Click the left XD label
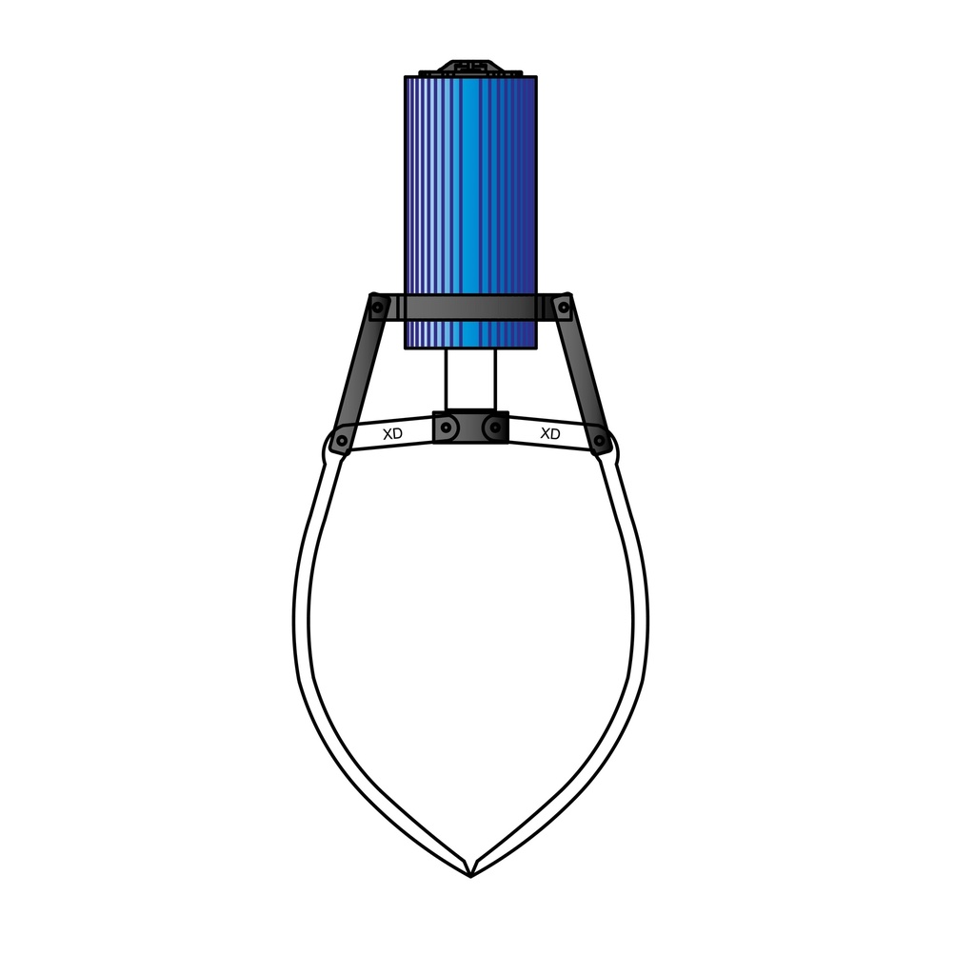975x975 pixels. tap(391, 434)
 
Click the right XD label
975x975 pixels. tap(549, 434)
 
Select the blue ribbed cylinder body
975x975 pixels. tap(470, 190)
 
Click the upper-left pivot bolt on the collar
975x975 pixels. tap(378, 307)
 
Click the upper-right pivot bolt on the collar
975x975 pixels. tap(563, 307)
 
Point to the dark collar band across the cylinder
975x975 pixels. tap(470, 308)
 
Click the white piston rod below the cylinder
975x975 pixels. tap(470, 381)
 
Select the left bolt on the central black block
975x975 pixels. tap(448, 429)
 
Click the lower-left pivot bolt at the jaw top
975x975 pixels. tap(341, 442)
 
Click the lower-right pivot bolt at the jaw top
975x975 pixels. tap(600, 442)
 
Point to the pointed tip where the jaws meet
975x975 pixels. tap(470, 872)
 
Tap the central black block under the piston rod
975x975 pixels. tap(470, 428)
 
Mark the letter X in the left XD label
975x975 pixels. tap(387, 434)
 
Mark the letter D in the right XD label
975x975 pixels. tap(555, 434)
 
